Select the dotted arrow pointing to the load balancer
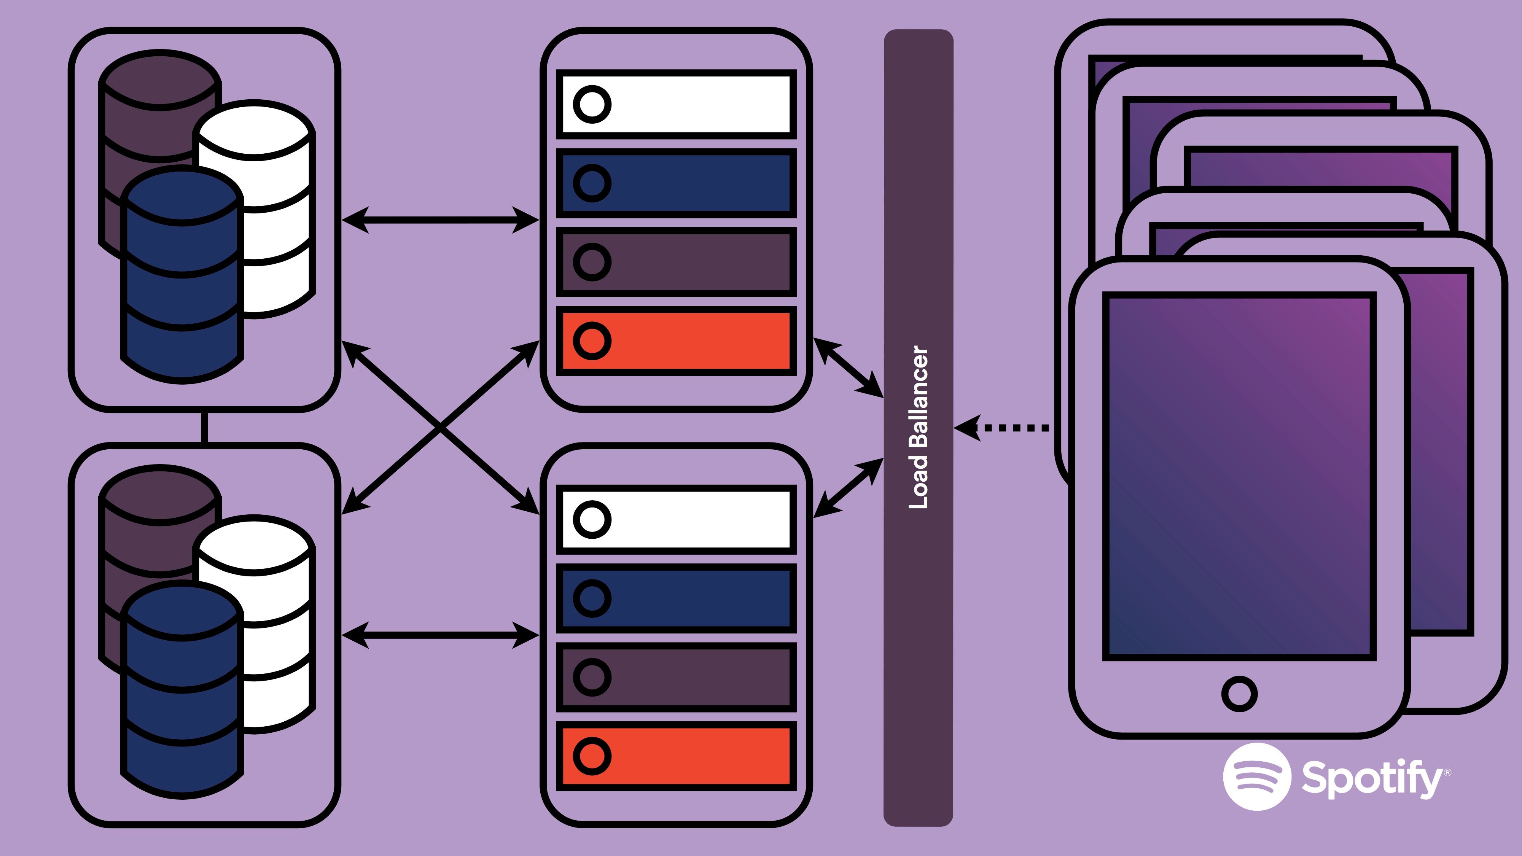(x=1005, y=427)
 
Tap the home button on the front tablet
(x=1239, y=694)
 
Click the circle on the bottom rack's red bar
(x=592, y=756)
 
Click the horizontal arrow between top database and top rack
(x=440, y=220)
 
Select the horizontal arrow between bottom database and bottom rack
(x=440, y=635)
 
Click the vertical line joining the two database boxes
(x=204, y=427)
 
